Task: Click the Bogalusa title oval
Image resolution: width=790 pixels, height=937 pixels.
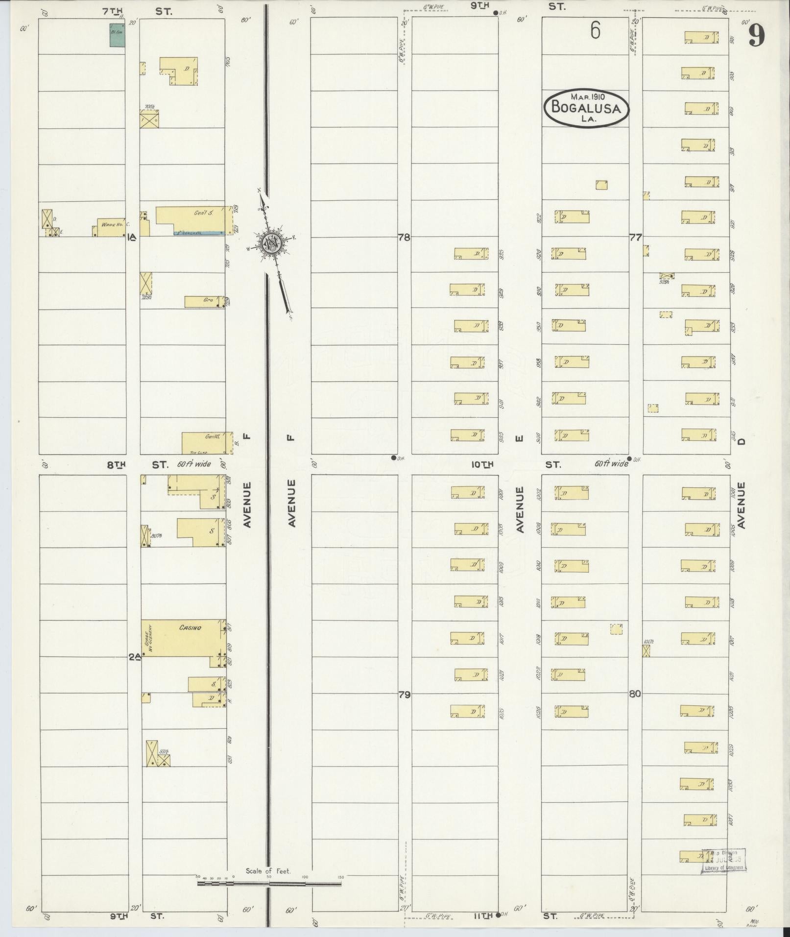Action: click(586, 107)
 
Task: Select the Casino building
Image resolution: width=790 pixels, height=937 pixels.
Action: click(184, 638)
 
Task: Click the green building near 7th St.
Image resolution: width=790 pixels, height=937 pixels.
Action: click(117, 37)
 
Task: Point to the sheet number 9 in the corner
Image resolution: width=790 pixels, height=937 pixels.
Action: click(756, 36)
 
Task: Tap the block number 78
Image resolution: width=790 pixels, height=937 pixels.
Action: click(404, 238)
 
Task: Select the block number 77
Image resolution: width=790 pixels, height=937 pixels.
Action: click(635, 238)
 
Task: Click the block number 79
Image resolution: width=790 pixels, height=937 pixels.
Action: click(404, 694)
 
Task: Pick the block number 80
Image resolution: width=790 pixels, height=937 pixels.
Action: click(635, 694)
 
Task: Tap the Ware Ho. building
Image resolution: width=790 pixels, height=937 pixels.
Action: click(110, 228)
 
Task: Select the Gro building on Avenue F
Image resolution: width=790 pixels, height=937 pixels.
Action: click(204, 302)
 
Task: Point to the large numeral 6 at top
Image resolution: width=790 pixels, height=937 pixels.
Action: click(595, 31)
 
